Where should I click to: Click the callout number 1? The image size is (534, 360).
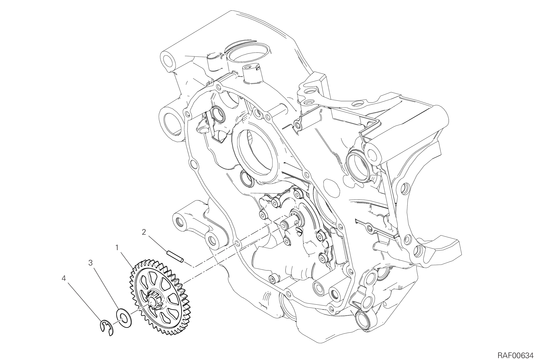[117, 248]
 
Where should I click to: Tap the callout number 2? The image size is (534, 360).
[144, 232]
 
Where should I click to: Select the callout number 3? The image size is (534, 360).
[91, 263]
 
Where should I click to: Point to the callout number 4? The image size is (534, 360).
[64, 278]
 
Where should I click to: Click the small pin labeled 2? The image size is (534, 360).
[175, 256]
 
